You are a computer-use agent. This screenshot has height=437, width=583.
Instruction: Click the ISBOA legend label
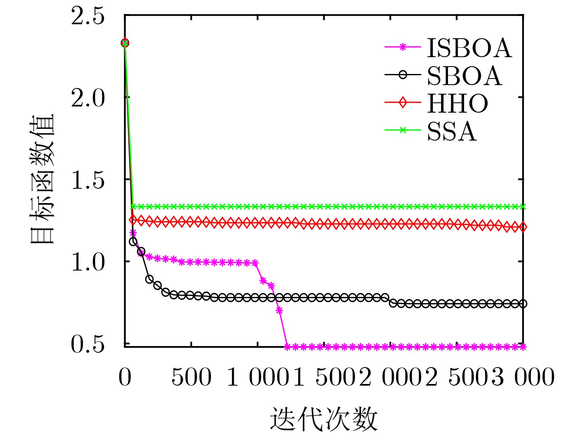(469, 48)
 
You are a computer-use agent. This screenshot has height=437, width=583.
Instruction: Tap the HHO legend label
(458, 103)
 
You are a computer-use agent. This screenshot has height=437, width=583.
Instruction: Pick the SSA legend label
(452, 132)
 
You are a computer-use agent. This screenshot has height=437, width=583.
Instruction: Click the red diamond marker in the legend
(403, 102)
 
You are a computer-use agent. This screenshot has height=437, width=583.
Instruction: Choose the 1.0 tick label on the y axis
(88, 262)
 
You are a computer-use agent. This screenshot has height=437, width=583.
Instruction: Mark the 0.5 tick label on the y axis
(88, 344)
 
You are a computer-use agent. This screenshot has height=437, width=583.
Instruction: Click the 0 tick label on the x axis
(125, 377)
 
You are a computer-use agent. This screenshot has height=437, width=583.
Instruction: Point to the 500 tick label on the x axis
(191, 377)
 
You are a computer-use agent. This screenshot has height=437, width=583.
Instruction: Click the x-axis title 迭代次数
(324, 419)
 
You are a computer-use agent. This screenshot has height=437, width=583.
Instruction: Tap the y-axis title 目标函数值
(42, 179)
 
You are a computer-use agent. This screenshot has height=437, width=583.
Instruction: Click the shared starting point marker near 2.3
(125, 43)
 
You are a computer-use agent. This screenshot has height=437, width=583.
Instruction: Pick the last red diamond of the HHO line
(523, 227)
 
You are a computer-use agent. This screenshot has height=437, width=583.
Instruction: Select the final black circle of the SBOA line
(523, 304)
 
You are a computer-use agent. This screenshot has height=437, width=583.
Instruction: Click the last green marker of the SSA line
(523, 206)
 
